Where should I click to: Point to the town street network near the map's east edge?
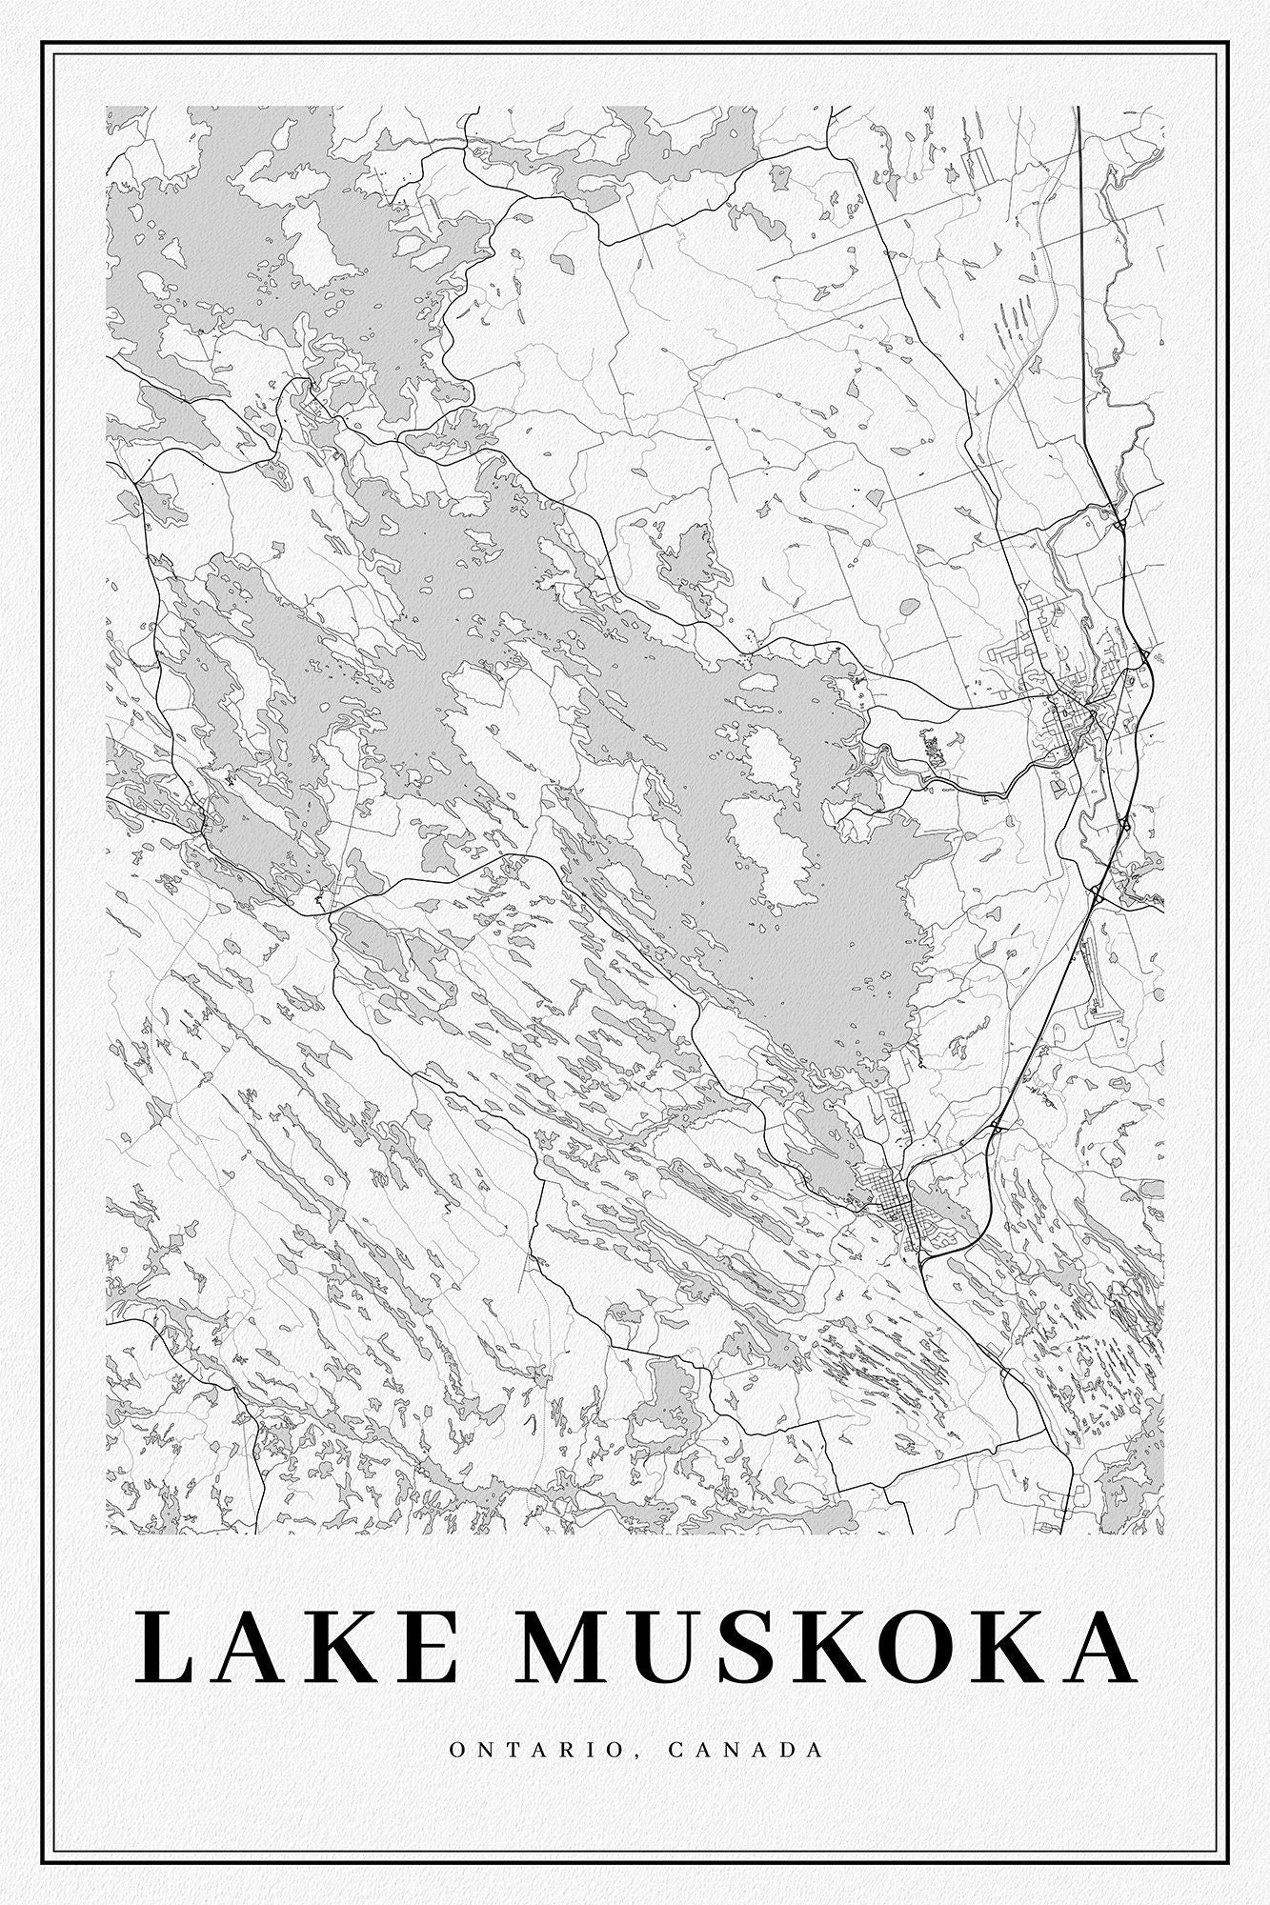[x=1067, y=705]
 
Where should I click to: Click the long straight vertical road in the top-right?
[x=1081, y=286]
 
